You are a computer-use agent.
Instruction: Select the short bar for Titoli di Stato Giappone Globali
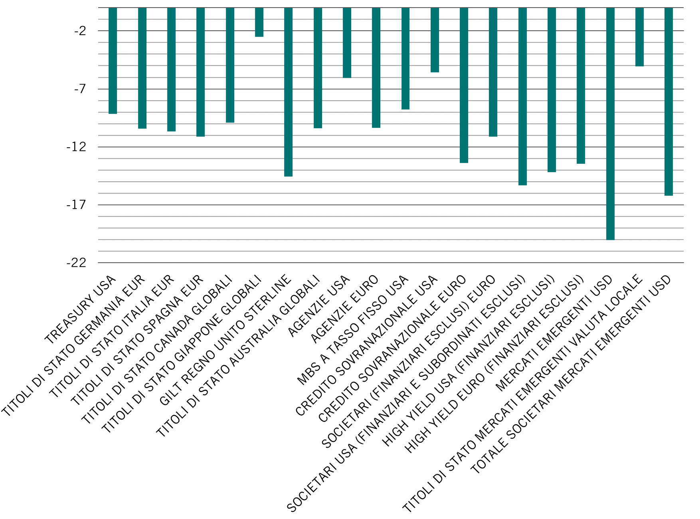259,22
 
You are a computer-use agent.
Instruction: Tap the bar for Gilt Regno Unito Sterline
288,92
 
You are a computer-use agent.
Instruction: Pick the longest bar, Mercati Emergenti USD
610,124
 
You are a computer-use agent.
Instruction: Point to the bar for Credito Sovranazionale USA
435,40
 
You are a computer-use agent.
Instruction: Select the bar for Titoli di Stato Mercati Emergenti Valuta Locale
639,37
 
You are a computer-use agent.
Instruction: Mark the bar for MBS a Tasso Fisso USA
405,58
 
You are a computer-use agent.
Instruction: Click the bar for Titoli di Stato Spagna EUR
200,72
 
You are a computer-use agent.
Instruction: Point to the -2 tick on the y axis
80,31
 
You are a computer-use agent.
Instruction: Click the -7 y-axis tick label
80,89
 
